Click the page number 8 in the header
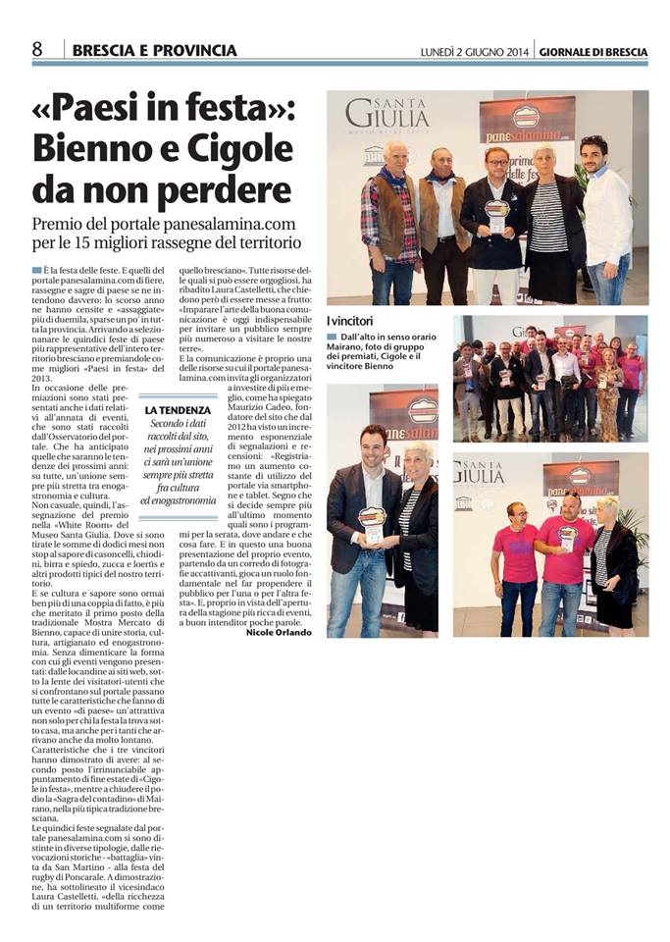point(37,49)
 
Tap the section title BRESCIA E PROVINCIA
point(154,50)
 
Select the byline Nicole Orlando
point(279,632)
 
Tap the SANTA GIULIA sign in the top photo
point(388,115)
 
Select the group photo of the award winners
point(549,377)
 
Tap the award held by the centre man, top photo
point(497,216)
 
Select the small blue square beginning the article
point(36,268)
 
